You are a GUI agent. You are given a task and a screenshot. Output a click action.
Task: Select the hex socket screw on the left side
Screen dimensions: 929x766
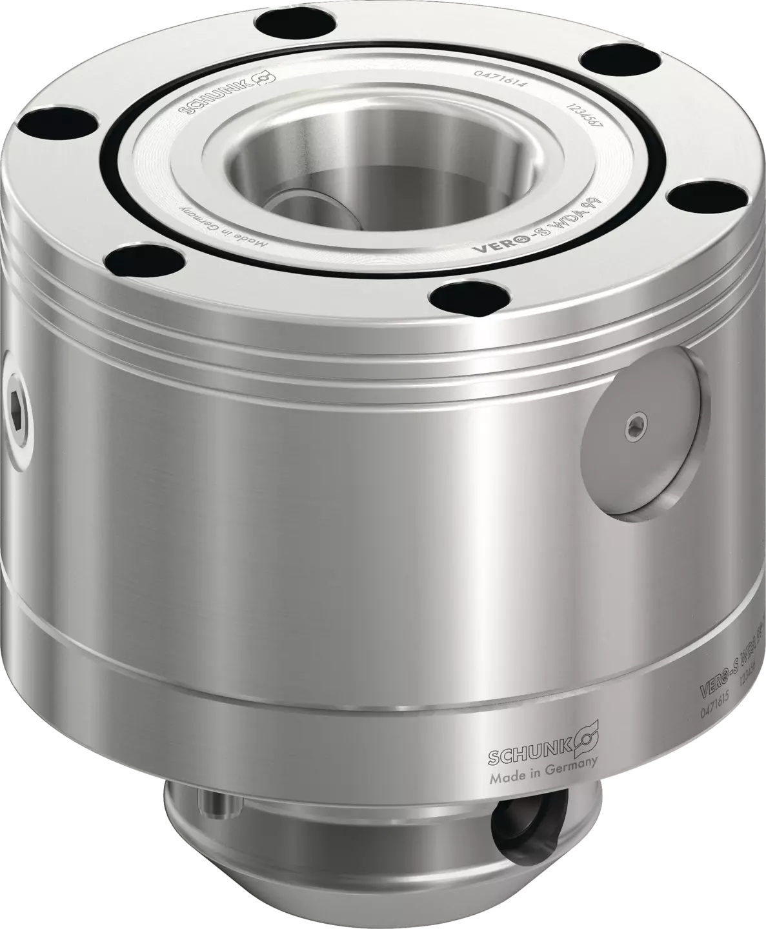tap(19, 407)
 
